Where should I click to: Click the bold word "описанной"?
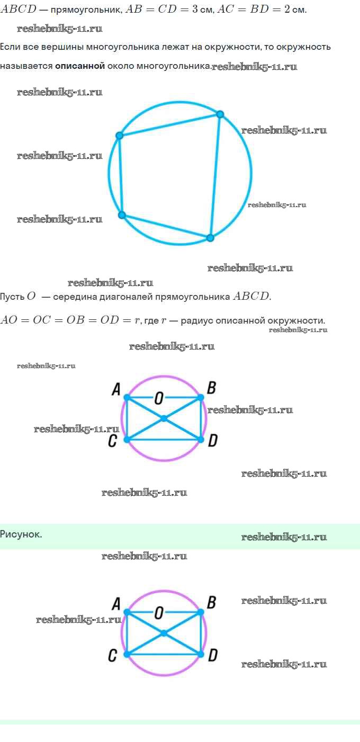pos(79,66)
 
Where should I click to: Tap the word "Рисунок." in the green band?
pos(21,534)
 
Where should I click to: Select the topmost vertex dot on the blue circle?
pos(220,114)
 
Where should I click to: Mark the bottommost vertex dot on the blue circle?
pos(210,238)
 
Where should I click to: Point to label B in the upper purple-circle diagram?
pos(211,388)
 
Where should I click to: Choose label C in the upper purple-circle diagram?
pos(112,441)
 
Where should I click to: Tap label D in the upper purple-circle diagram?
pos(212,441)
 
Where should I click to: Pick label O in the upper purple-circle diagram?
pos(158,398)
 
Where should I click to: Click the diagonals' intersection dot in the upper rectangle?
pos(164,418)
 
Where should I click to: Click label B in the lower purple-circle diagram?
pos(211,602)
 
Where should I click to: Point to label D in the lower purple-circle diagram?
pos(212,656)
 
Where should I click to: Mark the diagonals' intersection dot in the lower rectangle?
pos(164,633)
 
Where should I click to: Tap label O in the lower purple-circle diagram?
pos(158,613)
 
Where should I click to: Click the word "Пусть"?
pos(12,297)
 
